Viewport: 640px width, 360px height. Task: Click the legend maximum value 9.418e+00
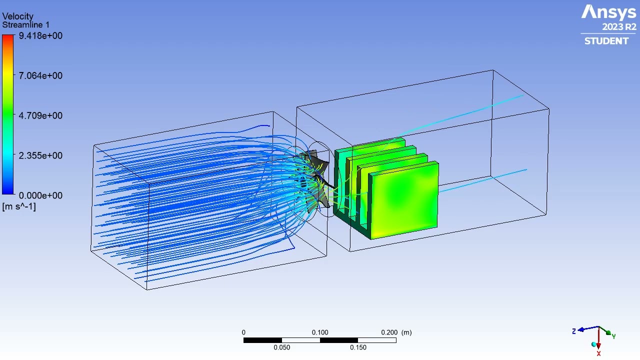pos(40,35)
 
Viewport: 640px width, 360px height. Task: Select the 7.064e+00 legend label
pos(40,75)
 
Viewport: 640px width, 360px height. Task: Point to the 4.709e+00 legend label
pos(40,115)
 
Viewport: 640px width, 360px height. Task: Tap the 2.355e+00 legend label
pos(40,155)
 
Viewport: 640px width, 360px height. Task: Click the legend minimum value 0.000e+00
pos(40,195)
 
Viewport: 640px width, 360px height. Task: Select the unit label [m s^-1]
pos(19,206)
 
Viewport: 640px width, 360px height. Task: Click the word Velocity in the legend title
pos(17,16)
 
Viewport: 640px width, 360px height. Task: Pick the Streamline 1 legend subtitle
pos(25,25)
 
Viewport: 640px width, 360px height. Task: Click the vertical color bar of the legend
pos(8,115)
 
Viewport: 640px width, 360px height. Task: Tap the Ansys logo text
pos(608,12)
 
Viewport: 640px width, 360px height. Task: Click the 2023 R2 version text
pos(619,27)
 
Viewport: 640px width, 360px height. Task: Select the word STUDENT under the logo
pos(606,41)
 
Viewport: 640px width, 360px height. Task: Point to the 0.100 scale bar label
pos(320,332)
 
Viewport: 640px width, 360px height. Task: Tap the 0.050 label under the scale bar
pos(281,347)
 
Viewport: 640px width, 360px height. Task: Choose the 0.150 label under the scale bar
pos(358,347)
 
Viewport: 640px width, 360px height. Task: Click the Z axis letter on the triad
pos(574,331)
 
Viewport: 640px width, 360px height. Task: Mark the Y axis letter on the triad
pos(613,336)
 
